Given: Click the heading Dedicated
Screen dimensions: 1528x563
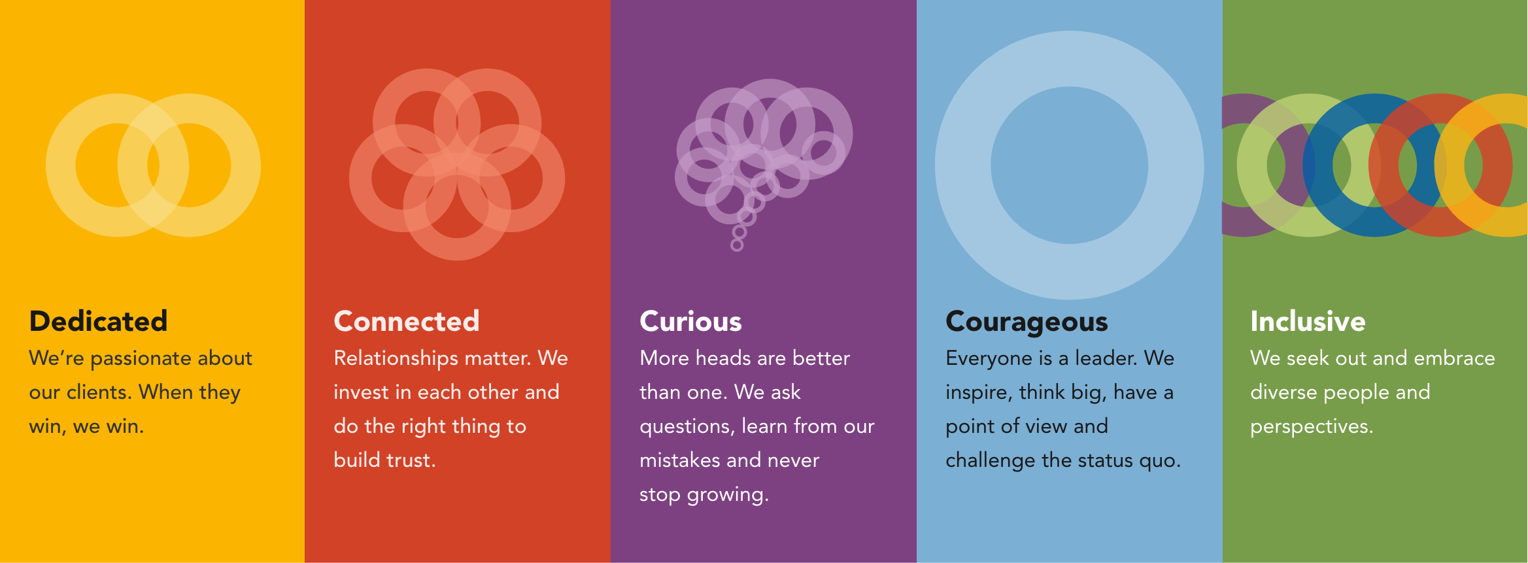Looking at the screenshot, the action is click(99, 321).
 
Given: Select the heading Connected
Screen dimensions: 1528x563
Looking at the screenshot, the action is click(407, 321).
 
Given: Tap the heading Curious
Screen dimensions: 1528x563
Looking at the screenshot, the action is click(690, 321).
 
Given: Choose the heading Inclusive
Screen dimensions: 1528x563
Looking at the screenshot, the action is click(1308, 321).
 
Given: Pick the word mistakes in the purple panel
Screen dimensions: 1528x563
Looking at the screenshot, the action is click(680, 460).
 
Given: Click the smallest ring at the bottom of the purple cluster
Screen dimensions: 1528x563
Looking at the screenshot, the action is click(737, 245).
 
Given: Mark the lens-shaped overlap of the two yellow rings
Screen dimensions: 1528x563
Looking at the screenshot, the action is click(153, 165).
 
